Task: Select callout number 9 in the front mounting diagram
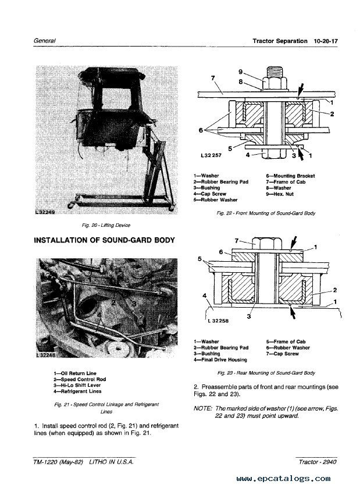pyautogui.click(x=240, y=71)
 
